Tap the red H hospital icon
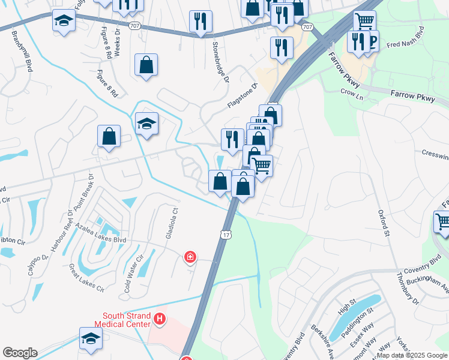(x=160, y=319)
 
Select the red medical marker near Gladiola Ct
(x=190, y=257)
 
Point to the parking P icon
(x=372, y=41)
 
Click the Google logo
(x=20, y=353)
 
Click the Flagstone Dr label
(x=242, y=95)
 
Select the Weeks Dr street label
(x=118, y=43)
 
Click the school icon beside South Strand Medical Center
(x=91, y=338)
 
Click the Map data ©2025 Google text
(x=412, y=355)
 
